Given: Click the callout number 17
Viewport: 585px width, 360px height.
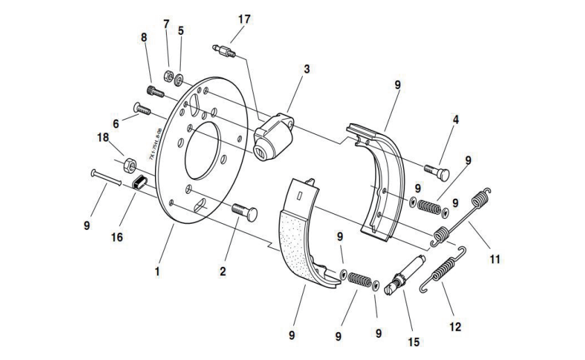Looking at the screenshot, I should [x=244, y=19].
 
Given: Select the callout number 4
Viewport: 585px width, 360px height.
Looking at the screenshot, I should [x=456, y=120].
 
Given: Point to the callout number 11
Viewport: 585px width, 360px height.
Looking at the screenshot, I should [x=494, y=259].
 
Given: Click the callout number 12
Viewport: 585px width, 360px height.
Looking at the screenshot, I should [x=454, y=325].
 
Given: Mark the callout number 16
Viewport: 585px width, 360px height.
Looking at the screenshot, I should [x=115, y=237].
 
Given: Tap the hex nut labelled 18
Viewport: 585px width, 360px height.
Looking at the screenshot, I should [x=129, y=165].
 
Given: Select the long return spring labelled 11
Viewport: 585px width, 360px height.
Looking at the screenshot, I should [x=464, y=216].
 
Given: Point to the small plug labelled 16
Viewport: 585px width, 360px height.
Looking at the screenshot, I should [x=140, y=183].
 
